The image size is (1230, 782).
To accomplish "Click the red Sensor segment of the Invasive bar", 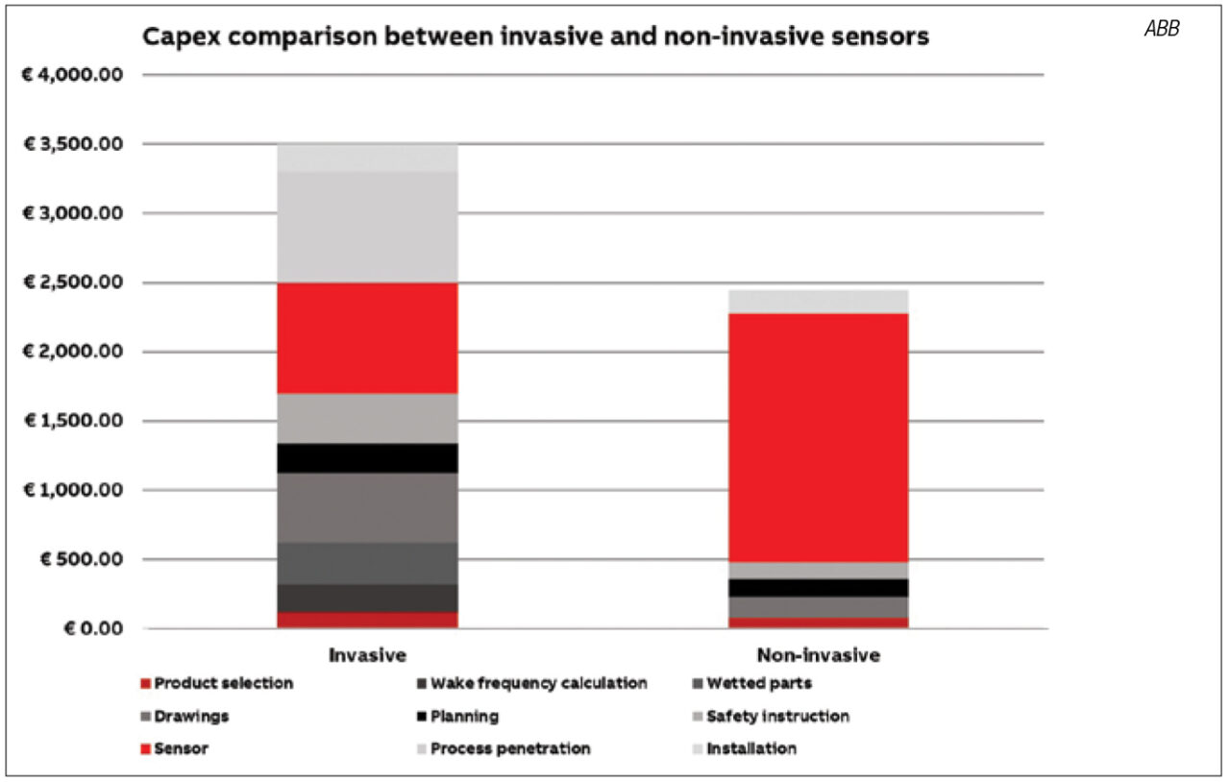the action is point(367,338).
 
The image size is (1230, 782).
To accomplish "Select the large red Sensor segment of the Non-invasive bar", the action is point(818,438).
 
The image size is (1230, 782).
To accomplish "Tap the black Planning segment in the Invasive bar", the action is point(367,458).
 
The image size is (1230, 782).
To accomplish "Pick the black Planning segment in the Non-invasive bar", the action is point(818,588).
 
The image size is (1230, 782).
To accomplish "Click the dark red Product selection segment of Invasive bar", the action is point(367,620).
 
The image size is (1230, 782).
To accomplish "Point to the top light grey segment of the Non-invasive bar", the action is point(818,302).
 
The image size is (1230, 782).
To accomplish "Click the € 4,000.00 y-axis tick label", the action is point(72,75).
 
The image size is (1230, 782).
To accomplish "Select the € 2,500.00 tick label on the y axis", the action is point(74,282).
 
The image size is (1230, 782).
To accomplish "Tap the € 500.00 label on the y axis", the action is point(82,559).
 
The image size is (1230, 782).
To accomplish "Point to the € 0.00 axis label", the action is point(93,628).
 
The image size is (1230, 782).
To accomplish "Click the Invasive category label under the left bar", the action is point(367,655).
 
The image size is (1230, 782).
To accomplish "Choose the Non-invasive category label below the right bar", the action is point(818,655).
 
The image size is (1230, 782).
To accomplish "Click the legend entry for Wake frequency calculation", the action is point(532,684).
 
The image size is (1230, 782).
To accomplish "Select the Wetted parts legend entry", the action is point(752,684).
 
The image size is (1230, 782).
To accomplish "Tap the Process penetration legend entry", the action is point(504,749).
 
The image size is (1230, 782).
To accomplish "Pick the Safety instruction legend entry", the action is point(772,717).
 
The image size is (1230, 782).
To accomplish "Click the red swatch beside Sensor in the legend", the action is point(145,749).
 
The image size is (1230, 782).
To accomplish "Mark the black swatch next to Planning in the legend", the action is point(422,717).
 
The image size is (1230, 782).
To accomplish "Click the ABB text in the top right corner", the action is point(1162,29).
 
